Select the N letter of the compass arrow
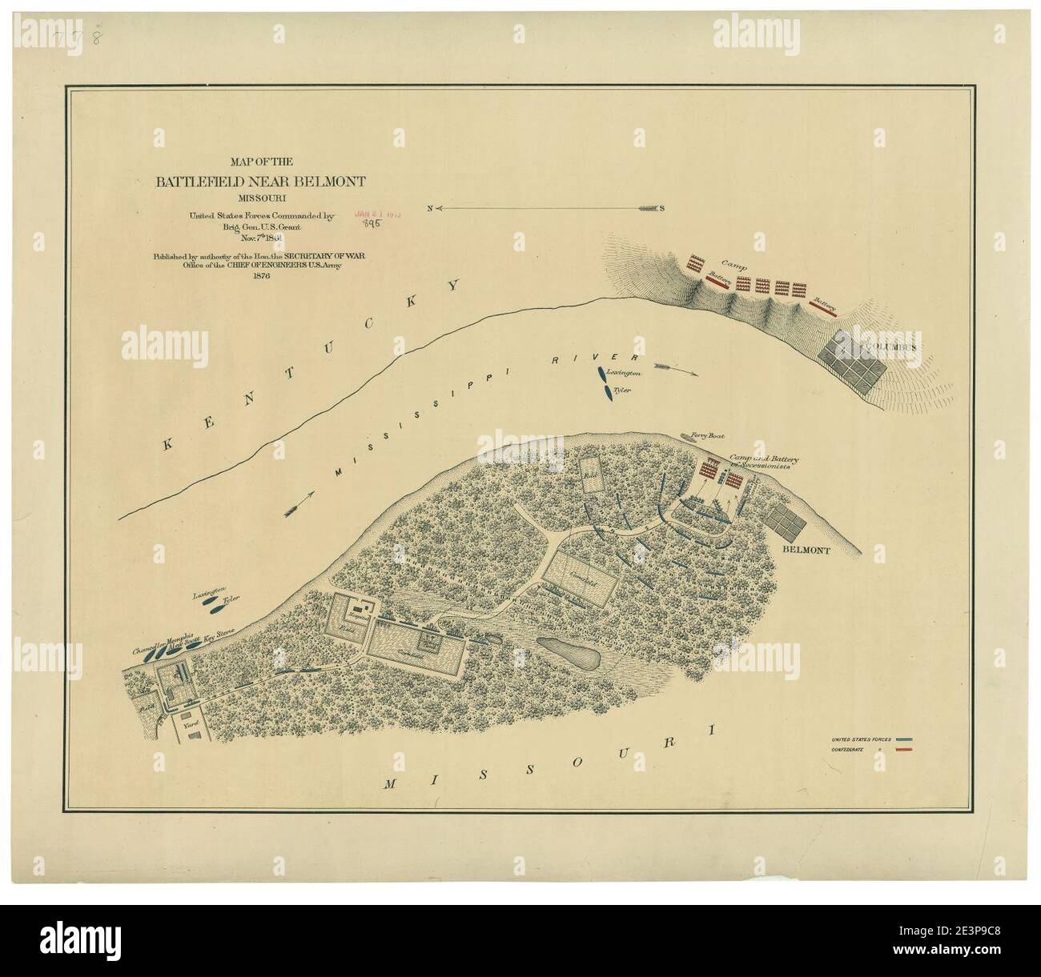pyautogui.click(x=430, y=208)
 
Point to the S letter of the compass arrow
pyautogui.click(x=662, y=208)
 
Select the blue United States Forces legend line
pyautogui.click(x=905, y=739)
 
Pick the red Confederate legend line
pyautogui.click(x=905, y=751)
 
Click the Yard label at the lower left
pyautogui.click(x=191, y=722)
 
